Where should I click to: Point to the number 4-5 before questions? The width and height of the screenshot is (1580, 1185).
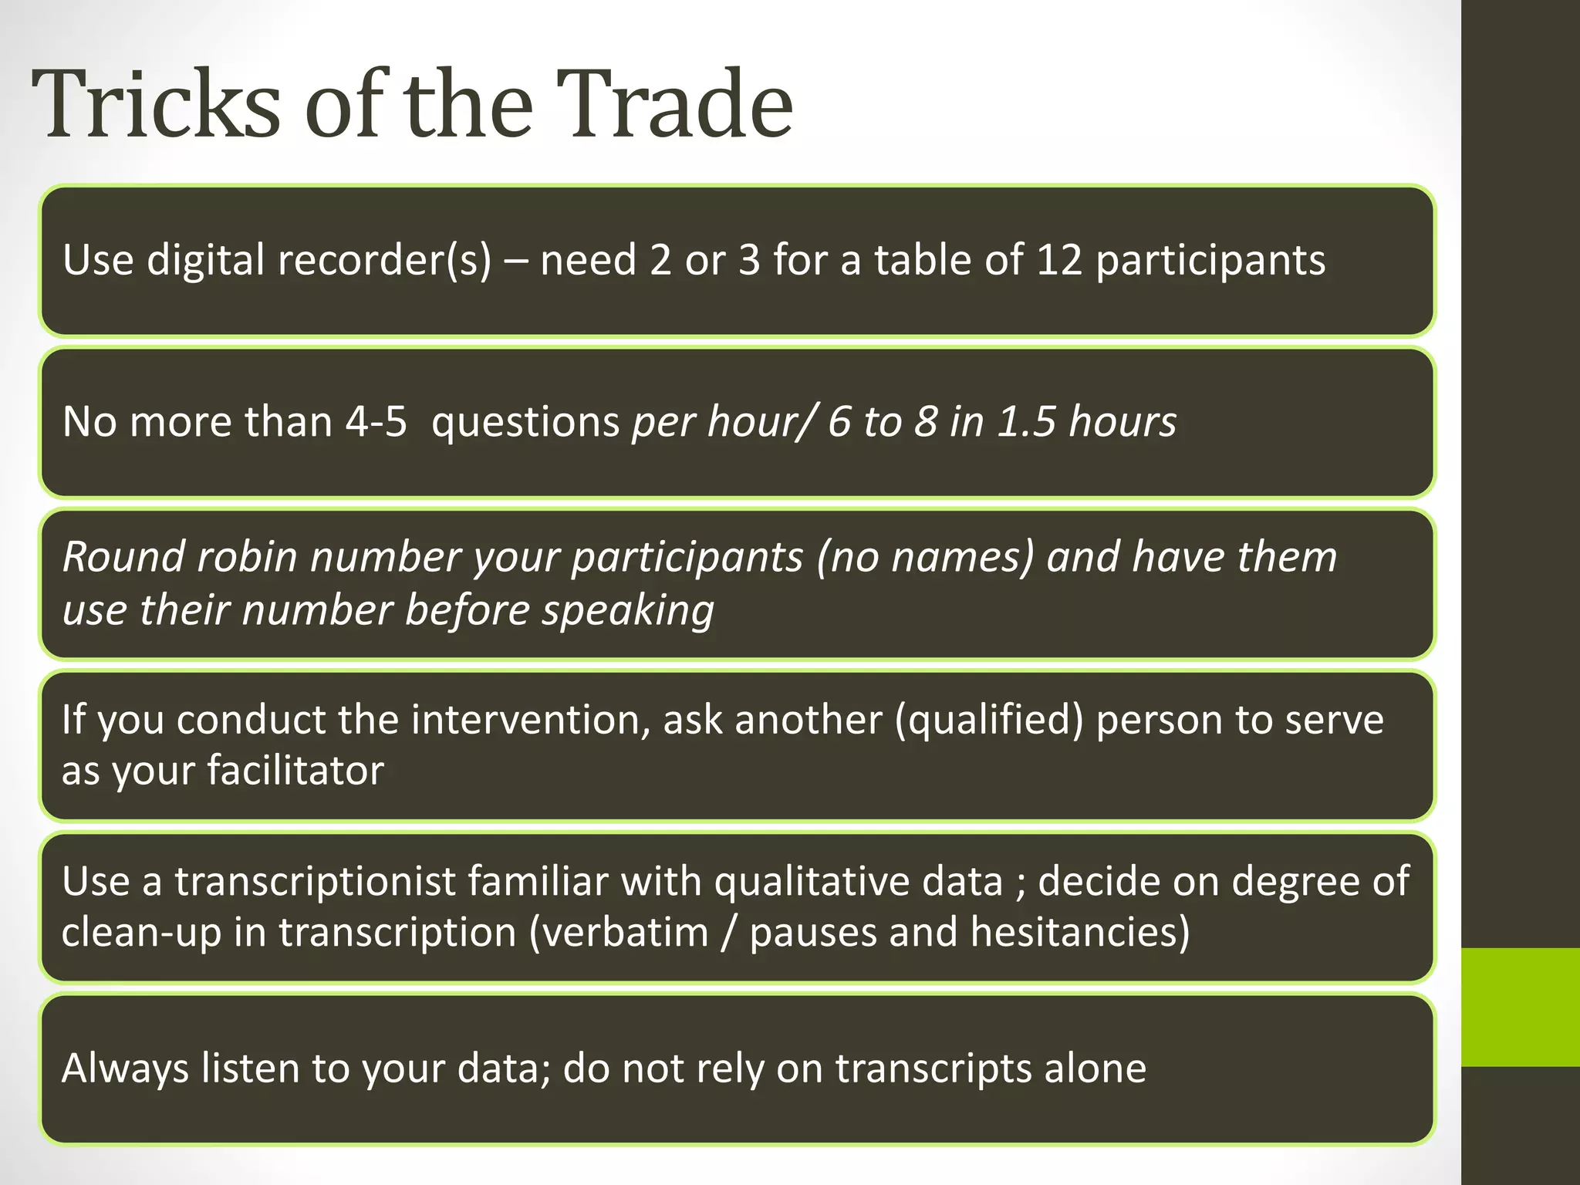point(376,421)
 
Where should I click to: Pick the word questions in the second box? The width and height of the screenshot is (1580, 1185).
point(525,421)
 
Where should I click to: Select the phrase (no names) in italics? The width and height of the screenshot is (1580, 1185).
point(925,556)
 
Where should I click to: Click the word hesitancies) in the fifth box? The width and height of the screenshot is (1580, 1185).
point(1079,932)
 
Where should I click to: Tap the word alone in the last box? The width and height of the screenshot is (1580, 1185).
point(1095,1069)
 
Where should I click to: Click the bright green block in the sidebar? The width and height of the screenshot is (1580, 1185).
point(1520,1007)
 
